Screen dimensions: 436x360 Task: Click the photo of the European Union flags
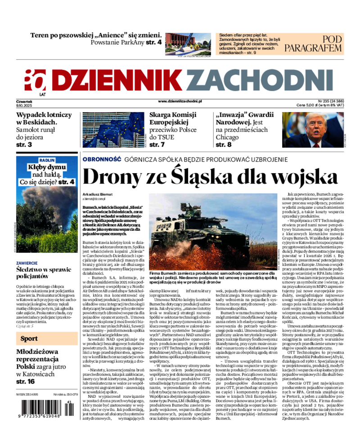tap(113, 130)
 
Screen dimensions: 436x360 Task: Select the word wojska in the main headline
tap(296, 176)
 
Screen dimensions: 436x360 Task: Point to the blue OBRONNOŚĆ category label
tap(101, 159)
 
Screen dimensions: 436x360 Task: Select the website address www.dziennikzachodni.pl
tap(180, 102)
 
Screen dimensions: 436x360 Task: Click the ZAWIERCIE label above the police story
tap(27, 262)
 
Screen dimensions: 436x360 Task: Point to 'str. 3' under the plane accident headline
tap(24, 145)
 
